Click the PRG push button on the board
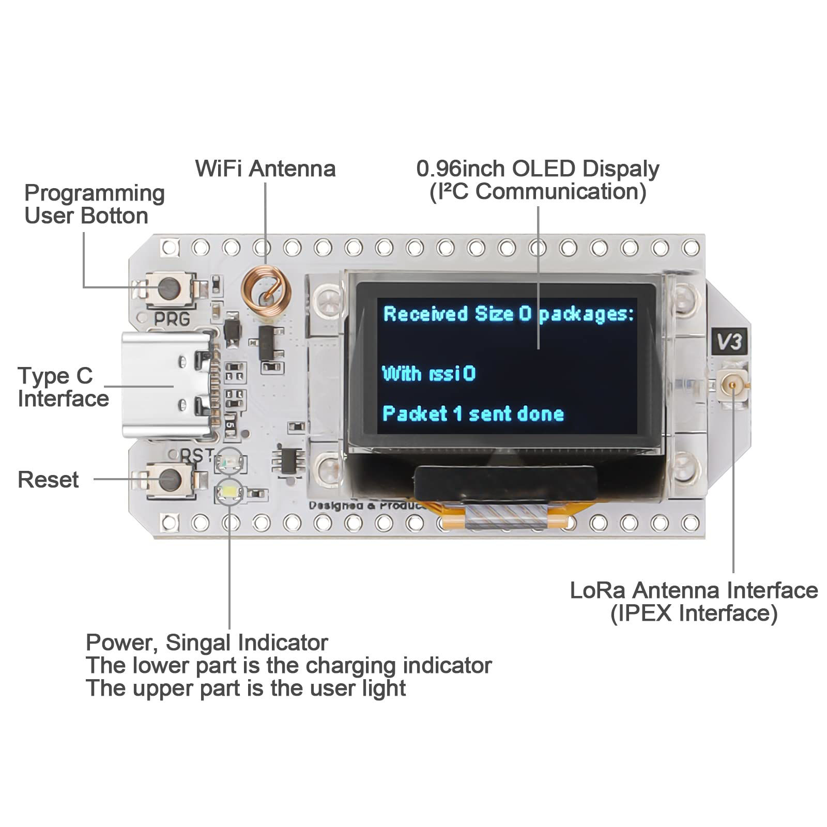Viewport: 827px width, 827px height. pyautogui.click(x=170, y=288)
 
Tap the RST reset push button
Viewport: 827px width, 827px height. pyautogui.click(x=170, y=480)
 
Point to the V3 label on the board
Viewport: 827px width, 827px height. pyautogui.click(x=729, y=342)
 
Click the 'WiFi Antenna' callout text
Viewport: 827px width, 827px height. pyautogui.click(x=265, y=169)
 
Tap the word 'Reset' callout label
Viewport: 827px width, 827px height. pyautogui.click(x=48, y=480)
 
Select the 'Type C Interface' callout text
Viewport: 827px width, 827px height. pyautogui.click(x=63, y=387)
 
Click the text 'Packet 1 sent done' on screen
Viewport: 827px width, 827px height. pyautogui.click(x=473, y=414)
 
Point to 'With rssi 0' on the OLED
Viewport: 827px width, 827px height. pyautogui.click(x=428, y=374)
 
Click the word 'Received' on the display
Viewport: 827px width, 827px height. pyautogui.click(x=425, y=314)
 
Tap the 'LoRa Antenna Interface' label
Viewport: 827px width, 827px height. pyautogui.click(x=694, y=590)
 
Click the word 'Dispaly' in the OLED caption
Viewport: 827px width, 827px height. pyautogui.click(x=621, y=169)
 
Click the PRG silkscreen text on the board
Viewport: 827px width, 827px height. pyautogui.click(x=172, y=319)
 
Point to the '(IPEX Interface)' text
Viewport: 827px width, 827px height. pyautogui.click(x=694, y=614)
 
